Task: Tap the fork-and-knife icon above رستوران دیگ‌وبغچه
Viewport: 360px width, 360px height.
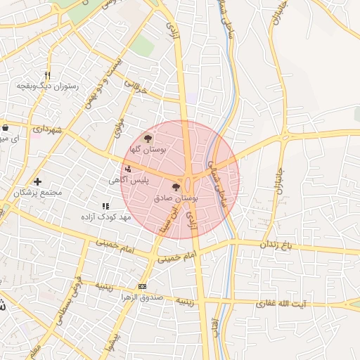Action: [47, 75]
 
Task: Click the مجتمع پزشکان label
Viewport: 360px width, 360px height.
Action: [38, 192]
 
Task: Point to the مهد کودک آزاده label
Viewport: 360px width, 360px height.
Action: [105, 217]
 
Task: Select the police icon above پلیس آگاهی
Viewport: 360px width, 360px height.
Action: [127, 169]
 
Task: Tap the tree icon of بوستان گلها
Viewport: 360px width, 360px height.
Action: [147, 139]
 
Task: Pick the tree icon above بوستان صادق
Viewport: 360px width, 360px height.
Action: [176, 187]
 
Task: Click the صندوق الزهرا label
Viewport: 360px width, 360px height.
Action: [143, 297]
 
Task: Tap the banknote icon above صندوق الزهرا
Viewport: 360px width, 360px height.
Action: [143, 286]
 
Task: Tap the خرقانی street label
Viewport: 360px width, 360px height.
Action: [137, 89]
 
